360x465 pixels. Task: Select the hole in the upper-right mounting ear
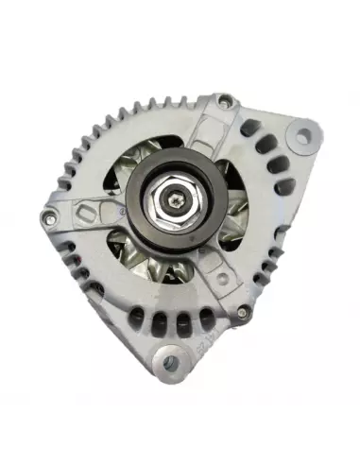coord(301,138)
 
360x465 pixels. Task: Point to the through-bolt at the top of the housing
coord(224,101)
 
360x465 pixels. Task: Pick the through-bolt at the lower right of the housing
coord(245,312)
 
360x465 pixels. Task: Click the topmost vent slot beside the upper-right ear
coord(251,128)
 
